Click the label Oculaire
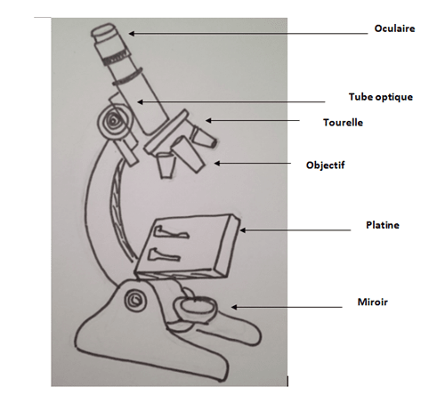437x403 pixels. pos(394,28)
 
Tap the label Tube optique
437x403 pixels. pos(381,97)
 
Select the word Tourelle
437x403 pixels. pos(343,123)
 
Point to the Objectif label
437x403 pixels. pos(326,165)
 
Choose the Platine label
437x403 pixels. pos(383,225)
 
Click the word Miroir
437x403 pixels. pos(373,302)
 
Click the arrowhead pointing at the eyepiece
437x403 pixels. pos(131,34)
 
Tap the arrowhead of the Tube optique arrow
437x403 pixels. pos(140,102)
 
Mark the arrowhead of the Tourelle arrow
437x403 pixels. pos(208,120)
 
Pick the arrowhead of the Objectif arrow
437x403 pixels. pos(217,163)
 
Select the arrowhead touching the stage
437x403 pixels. pos(243,230)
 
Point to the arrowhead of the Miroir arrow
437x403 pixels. pos(234,307)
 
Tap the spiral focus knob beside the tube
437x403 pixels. pos(114,121)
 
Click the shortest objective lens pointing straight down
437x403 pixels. pos(166,165)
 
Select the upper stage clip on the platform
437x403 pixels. pos(170,232)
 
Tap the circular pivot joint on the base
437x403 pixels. pos(135,300)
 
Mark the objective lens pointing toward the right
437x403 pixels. pos(204,137)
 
